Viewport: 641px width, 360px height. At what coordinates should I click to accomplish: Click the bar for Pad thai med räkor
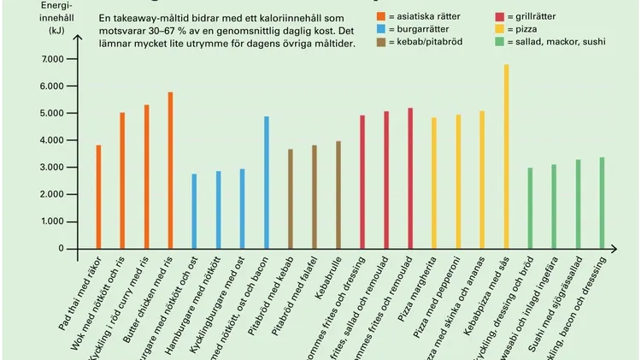point(98,197)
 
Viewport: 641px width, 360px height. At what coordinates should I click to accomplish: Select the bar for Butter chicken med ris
point(170,170)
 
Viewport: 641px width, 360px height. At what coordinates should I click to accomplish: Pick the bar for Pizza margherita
point(434,183)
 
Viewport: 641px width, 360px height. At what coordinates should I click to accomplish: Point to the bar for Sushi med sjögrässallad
point(578,204)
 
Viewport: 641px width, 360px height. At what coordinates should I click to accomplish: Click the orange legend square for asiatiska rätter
point(381,17)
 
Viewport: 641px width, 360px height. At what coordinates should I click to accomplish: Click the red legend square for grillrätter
point(500,17)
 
